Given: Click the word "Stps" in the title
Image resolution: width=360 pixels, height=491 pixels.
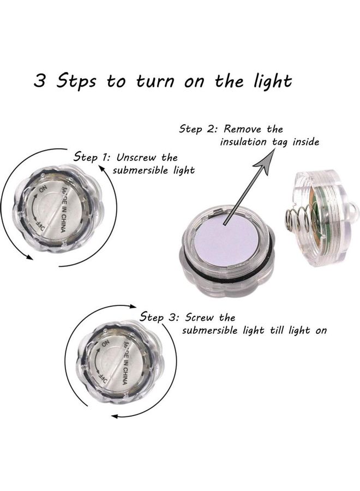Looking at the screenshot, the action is pyautogui.click(x=76, y=81).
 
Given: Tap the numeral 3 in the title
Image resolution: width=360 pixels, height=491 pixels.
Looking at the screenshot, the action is pyautogui.click(x=40, y=81).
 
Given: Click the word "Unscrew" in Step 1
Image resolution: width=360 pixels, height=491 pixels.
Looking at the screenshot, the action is pyautogui.click(x=136, y=158).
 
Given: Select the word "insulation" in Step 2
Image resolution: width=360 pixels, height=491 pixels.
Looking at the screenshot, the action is pyautogui.click(x=243, y=142).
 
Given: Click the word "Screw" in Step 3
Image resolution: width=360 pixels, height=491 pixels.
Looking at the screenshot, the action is pyautogui.click(x=199, y=318).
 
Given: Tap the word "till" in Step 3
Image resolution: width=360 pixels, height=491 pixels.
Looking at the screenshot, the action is pyautogui.click(x=277, y=330).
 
